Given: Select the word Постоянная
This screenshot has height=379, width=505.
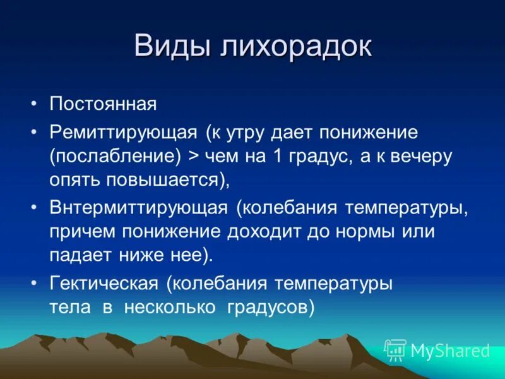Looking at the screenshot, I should [103, 104].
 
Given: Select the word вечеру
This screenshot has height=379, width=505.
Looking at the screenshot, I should [422, 156].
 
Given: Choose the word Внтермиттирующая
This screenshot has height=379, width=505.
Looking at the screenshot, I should [138, 208].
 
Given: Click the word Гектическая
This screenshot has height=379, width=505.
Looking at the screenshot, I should [104, 284].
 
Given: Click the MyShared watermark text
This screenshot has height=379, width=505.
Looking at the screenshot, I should [450, 351].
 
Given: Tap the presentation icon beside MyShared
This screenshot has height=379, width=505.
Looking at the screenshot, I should [395, 350].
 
